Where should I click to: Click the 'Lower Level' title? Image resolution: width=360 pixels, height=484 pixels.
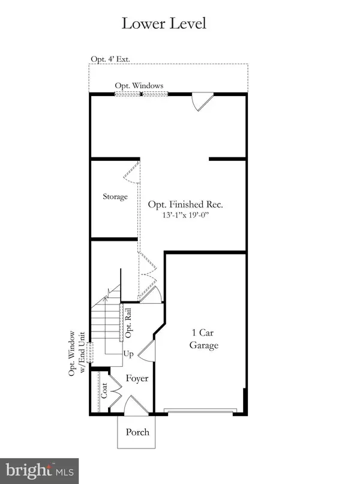tap(164, 25)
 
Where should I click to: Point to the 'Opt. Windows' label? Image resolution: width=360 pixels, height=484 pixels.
tap(140, 86)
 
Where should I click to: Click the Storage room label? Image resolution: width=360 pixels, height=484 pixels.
tap(115, 196)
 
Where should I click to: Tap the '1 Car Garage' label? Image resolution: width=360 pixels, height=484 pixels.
tap(204, 339)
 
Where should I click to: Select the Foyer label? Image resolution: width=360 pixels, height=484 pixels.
tap(137, 379)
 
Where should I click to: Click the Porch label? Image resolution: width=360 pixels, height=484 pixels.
tap(137, 432)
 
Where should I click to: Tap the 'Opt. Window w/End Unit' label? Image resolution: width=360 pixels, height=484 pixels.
tap(76, 354)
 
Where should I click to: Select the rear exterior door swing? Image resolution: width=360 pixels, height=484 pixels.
tap(202, 101)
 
